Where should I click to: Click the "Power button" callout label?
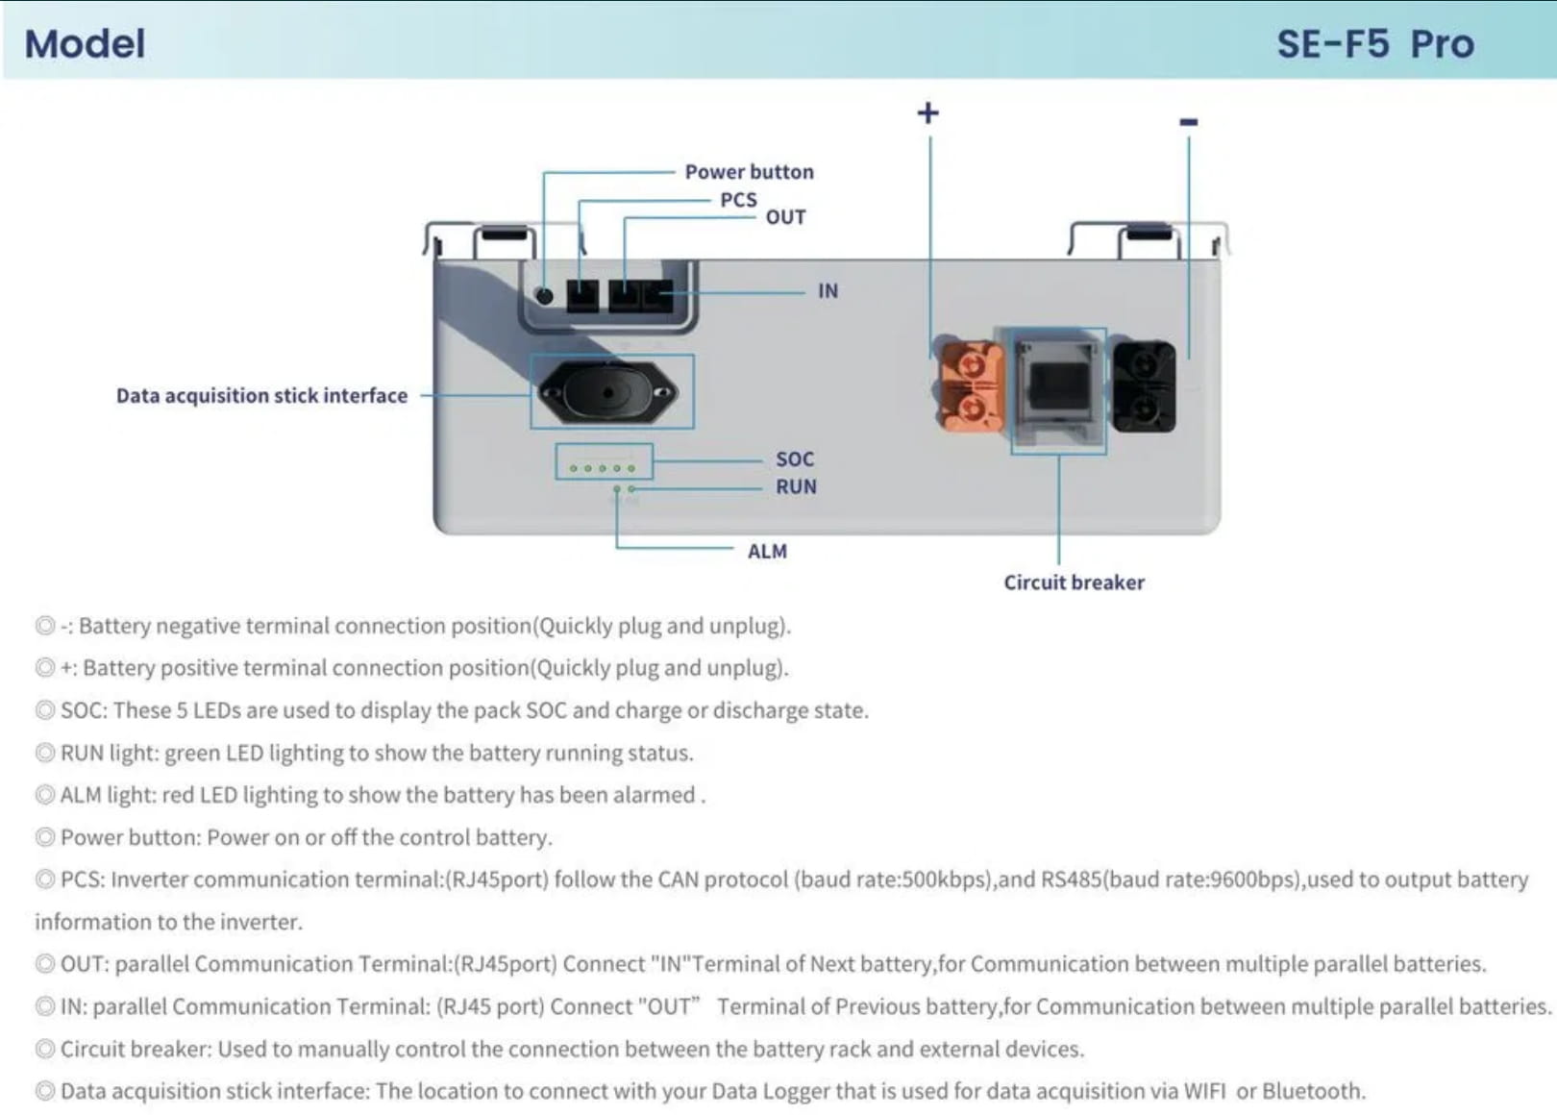(x=749, y=172)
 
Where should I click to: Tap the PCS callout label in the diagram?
(x=738, y=200)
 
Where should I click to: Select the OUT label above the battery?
(x=785, y=217)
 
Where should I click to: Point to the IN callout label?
(x=828, y=290)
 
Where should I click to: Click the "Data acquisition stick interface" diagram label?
(x=261, y=395)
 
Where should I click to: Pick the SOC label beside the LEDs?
(x=795, y=459)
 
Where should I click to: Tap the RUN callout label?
(x=796, y=486)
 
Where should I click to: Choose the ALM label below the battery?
(x=767, y=551)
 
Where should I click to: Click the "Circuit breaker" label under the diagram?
(x=1074, y=582)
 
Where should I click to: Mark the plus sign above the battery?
(x=927, y=113)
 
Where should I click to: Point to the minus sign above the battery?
(x=1189, y=122)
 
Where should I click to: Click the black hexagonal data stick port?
(x=608, y=392)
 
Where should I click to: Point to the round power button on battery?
(x=544, y=296)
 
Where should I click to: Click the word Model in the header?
(x=85, y=44)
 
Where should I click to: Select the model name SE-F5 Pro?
(x=1374, y=44)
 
